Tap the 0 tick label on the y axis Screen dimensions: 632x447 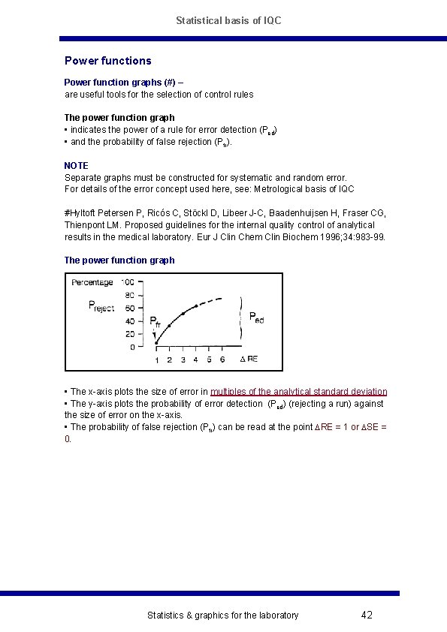[x=132, y=348]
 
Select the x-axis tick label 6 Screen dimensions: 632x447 [x=222, y=360]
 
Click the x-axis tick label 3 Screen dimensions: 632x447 [x=183, y=360]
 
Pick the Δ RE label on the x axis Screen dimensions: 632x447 [x=249, y=360]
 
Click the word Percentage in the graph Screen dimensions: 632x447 [x=92, y=282]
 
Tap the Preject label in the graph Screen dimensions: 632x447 [x=101, y=306]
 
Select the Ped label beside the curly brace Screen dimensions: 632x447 [x=256, y=318]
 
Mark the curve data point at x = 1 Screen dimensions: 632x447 [x=156, y=342]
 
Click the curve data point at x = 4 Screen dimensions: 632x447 [x=196, y=306]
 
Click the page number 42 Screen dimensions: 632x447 [x=367, y=615]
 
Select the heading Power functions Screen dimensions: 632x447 [x=107, y=60]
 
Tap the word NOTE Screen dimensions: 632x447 [x=76, y=165]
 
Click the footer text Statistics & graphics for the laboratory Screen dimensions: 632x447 [x=222, y=615]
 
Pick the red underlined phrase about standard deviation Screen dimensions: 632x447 [x=299, y=392]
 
